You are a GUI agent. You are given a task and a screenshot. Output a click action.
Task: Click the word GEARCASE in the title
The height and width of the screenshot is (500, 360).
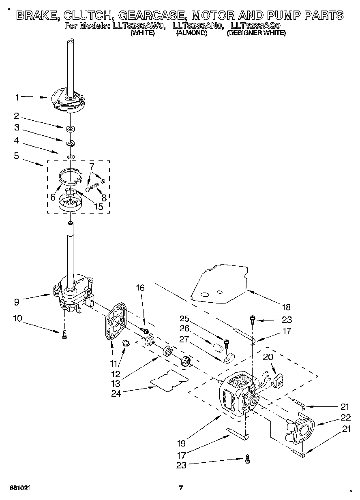point(148,15)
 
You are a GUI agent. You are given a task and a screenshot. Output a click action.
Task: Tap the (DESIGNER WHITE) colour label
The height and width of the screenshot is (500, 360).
point(256,33)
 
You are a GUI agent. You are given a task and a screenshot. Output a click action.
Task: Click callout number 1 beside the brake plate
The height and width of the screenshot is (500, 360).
point(17,97)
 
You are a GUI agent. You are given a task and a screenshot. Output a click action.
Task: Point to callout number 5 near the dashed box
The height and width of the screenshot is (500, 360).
point(17,156)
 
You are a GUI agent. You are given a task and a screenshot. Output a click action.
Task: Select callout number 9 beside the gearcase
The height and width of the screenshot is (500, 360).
point(16,301)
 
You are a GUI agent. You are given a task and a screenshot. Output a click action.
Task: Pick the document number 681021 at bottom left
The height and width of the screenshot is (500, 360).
point(20,487)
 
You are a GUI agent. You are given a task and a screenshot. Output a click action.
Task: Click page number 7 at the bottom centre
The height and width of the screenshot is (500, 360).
point(181,487)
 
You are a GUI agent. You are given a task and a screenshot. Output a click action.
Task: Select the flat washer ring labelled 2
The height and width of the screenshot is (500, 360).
point(71,129)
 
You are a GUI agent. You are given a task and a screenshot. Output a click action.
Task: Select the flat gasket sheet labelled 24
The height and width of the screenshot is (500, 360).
point(169,380)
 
